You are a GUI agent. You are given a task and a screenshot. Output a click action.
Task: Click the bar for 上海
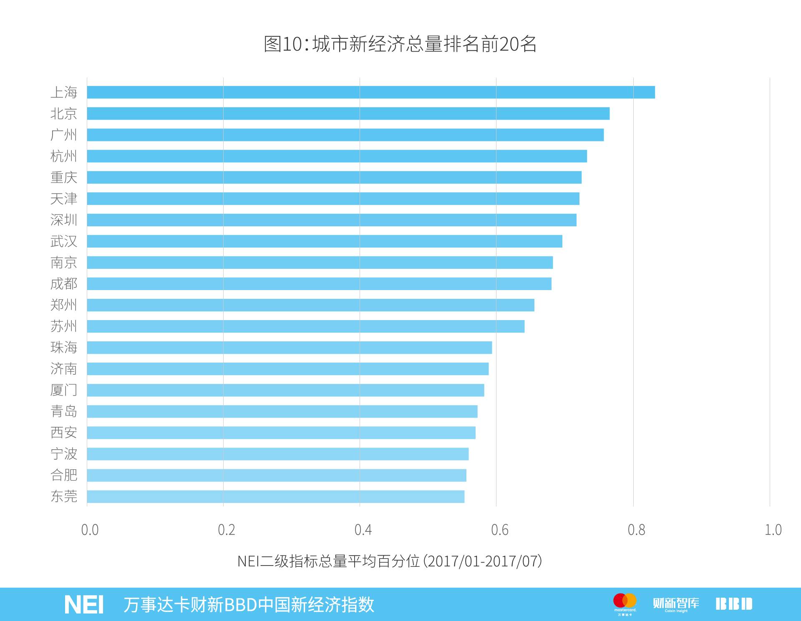(370, 92)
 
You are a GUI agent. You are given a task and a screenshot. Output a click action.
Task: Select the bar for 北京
(348, 113)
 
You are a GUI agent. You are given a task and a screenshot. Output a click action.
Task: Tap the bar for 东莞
(275, 496)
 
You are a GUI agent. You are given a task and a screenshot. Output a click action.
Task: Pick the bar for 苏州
(305, 326)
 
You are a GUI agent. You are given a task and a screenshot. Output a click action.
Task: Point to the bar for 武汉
(324, 241)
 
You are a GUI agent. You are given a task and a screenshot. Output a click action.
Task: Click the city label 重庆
(64, 178)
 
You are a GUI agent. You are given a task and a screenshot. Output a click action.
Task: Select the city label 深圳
(64, 220)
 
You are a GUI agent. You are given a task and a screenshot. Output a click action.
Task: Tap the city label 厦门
(64, 390)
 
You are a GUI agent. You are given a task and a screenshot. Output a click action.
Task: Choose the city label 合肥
(64, 475)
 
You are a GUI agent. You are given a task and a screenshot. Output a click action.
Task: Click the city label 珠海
(64, 348)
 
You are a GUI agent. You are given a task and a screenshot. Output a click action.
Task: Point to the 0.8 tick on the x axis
(636, 530)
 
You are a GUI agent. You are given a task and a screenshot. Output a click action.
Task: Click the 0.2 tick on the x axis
(227, 530)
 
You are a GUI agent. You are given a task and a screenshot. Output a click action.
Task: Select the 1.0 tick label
(773, 530)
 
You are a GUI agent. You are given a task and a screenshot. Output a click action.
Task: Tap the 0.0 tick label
(90, 530)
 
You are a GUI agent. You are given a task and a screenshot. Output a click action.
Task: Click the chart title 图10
(400, 44)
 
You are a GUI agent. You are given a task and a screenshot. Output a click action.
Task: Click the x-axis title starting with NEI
(390, 561)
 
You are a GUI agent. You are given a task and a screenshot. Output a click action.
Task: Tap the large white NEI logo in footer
(84, 605)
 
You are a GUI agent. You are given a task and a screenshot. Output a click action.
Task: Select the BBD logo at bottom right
(734, 604)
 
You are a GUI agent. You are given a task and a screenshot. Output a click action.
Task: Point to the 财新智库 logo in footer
(676, 604)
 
